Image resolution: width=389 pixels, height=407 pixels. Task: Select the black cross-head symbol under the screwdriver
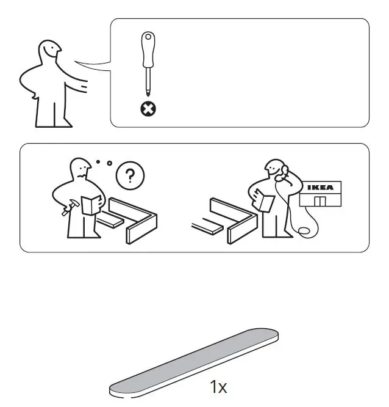(148, 109)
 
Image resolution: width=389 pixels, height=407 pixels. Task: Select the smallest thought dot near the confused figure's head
(98, 162)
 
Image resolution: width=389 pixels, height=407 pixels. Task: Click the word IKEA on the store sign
(319, 188)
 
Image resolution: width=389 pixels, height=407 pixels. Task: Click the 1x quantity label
(218, 387)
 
